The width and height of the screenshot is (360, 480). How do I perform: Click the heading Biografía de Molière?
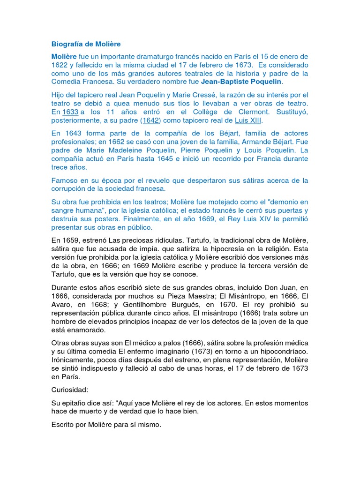pyautogui.click(x=86, y=44)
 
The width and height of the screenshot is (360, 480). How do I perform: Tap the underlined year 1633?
pyautogui.click(x=70, y=112)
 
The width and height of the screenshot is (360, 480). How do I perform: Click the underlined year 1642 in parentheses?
pyautogui.click(x=150, y=120)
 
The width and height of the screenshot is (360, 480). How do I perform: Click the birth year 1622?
pyautogui.click(x=60, y=65)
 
